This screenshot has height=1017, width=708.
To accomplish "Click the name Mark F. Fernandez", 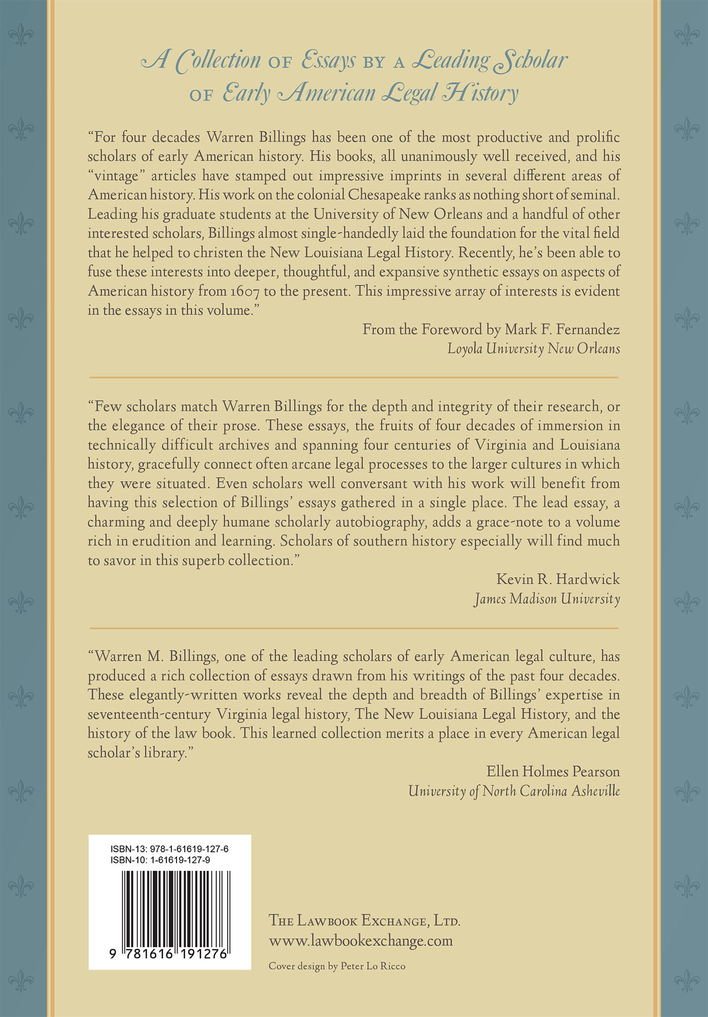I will [562, 330].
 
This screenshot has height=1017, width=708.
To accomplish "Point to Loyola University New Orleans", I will [534, 349].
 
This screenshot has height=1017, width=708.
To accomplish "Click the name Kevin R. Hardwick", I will [558, 579].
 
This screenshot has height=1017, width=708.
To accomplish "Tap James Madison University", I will [547, 599].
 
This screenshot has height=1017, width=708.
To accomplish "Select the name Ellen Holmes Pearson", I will [553, 771].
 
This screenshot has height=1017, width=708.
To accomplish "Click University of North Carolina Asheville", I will [514, 791].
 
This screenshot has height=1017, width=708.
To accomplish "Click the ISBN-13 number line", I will [169, 849].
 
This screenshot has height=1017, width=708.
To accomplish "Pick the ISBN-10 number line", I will [160, 860].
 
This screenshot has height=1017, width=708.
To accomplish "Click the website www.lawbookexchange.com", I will [361, 940].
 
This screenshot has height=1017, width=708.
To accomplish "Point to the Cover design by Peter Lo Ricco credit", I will [337, 966].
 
